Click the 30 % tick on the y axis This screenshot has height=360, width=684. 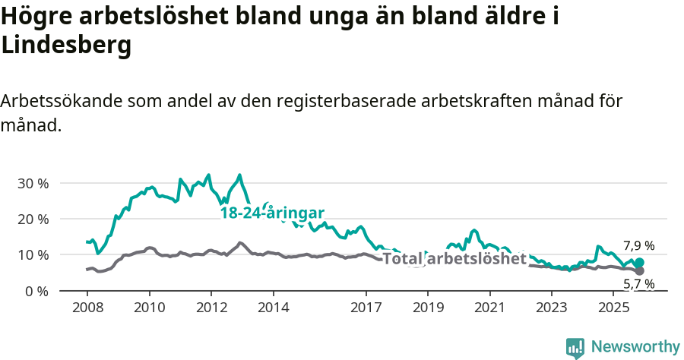pyautogui.click(x=33, y=183)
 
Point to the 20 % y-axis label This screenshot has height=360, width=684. pyautogui.click(x=33, y=219)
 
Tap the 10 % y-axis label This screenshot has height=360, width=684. pyautogui.click(x=33, y=254)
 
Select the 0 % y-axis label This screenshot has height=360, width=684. pyautogui.click(x=36, y=291)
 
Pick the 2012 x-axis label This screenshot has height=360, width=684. pyautogui.click(x=211, y=308)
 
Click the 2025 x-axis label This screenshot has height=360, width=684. pyautogui.click(x=613, y=308)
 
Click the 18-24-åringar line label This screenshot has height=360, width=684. pyautogui.click(x=272, y=213)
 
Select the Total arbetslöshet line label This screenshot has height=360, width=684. pyautogui.click(x=454, y=259)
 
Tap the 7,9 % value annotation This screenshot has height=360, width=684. pyautogui.click(x=638, y=245)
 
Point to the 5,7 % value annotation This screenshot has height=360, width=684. pyautogui.click(x=638, y=285)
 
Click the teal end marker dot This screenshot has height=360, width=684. pyautogui.click(x=639, y=263)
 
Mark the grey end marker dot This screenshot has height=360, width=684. pyautogui.click(x=639, y=270)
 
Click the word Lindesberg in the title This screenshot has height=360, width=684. pyautogui.click(x=67, y=46)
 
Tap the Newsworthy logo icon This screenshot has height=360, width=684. pyautogui.click(x=575, y=348)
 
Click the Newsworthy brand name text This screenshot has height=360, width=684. pyautogui.click(x=635, y=347)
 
